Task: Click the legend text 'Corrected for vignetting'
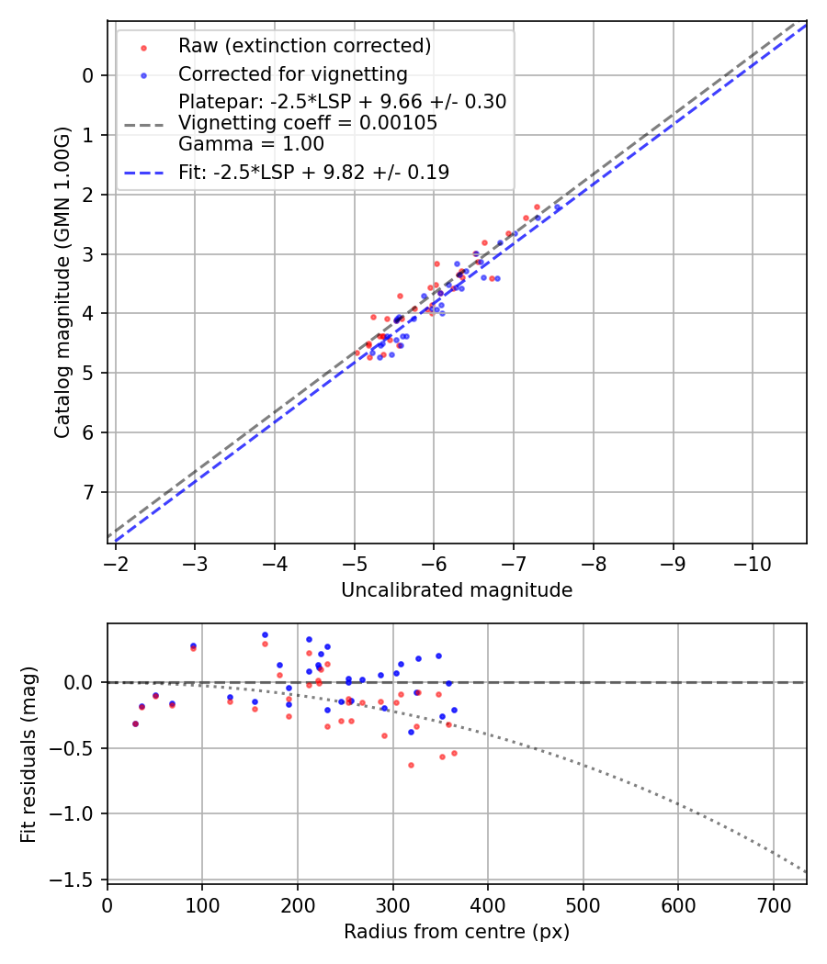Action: (292, 73)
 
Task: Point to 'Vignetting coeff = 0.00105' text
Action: (308, 123)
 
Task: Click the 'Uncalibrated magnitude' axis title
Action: (457, 590)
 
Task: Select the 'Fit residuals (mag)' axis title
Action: (28, 755)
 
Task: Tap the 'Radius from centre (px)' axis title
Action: (457, 932)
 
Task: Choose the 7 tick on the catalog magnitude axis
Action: (88, 492)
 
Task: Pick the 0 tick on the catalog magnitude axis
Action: (88, 75)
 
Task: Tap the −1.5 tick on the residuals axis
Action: (77, 880)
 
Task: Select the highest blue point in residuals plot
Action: (265, 634)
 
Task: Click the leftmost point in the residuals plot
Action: (135, 723)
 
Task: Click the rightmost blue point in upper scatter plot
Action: (557, 208)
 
